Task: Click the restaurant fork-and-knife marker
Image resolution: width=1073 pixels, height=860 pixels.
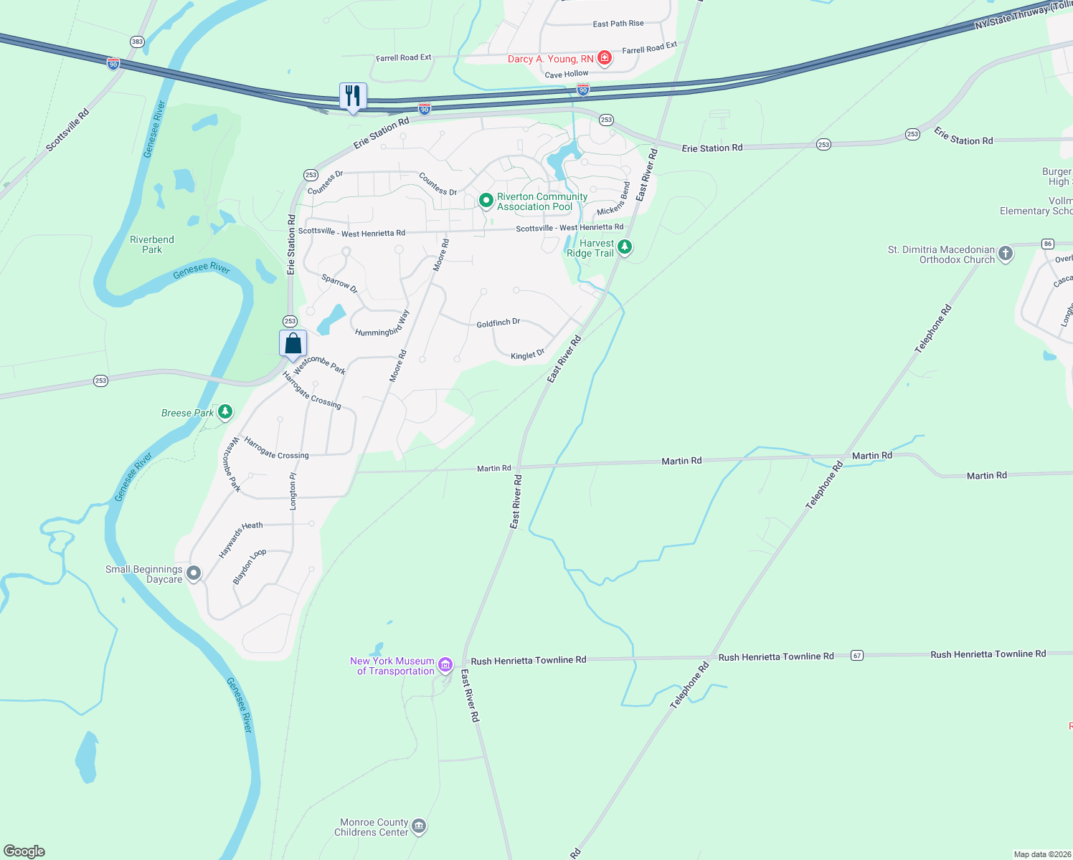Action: [x=353, y=96]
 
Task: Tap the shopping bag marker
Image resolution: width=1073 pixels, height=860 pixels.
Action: [x=293, y=343]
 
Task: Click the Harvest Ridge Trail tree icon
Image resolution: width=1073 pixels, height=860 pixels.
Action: [x=625, y=247]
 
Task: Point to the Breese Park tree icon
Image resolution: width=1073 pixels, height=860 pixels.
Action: [x=225, y=412]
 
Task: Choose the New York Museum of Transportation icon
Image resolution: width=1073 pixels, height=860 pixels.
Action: [x=445, y=665]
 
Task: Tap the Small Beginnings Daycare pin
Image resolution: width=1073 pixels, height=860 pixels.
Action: [x=194, y=573]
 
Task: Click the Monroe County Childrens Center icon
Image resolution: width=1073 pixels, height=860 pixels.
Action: [x=419, y=826]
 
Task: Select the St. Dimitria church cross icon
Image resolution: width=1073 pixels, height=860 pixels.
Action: [x=1006, y=254]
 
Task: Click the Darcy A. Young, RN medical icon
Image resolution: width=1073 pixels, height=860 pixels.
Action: [x=605, y=58]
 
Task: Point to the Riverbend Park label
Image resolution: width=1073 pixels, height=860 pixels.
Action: [x=152, y=244]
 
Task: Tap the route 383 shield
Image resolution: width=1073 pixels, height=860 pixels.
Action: [x=137, y=42]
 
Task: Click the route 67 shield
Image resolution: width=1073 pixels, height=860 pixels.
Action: [x=856, y=655]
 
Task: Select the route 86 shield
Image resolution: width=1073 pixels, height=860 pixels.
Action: [x=1048, y=244]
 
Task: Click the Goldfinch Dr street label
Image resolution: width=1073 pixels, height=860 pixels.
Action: [x=498, y=323]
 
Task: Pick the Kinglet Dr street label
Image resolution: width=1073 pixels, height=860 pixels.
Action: [x=527, y=355]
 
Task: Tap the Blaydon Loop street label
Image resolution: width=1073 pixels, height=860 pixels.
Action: [x=250, y=566]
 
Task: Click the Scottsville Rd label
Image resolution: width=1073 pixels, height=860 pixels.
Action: [x=67, y=130]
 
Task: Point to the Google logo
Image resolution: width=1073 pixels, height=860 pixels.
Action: [x=24, y=851]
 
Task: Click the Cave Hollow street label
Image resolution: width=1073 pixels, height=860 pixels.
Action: [x=566, y=75]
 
